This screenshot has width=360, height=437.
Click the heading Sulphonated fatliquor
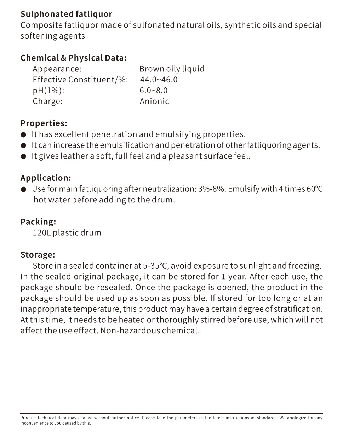[66, 14]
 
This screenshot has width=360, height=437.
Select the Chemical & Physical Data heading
[73, 58]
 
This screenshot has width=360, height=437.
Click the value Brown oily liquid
[172, 69]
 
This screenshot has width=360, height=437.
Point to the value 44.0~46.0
[159, 80]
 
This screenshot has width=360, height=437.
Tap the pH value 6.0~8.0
[153, 91]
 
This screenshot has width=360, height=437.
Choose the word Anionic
[154, 102]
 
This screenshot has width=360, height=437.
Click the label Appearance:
[57, 69]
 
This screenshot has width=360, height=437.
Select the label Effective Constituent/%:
[80, 80]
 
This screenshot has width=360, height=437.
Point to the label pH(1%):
[48, 91]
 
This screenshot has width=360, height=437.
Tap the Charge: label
[47, 102]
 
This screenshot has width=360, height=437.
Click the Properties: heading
[44, 123]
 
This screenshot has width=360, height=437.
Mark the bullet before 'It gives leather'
[24, 156]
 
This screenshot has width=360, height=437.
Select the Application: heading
[46, 178]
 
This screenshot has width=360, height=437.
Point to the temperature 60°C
[315, 189]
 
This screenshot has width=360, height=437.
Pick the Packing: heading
[38, 222]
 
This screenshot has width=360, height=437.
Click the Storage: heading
[38, 255]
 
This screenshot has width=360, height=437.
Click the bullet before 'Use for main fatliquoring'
[24, 189]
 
